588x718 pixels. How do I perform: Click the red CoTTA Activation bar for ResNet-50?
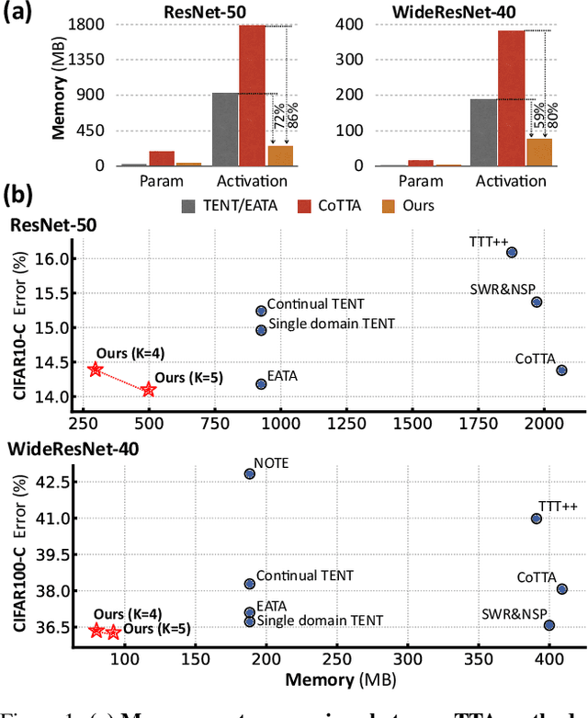click(253, 96)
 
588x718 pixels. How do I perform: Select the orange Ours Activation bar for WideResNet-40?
click(539, 152)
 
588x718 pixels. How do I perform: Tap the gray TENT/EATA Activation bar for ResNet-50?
click(225, 129)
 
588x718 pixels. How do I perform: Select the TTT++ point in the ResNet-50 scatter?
click(512, 252)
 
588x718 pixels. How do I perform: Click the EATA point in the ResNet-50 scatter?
click(261, 383)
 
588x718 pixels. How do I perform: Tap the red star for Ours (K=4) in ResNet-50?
click(96, 370)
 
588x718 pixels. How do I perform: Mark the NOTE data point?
click(249, 473)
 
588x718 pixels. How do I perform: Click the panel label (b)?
click(19, 196)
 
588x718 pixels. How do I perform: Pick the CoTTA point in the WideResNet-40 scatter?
click(562, 589)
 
